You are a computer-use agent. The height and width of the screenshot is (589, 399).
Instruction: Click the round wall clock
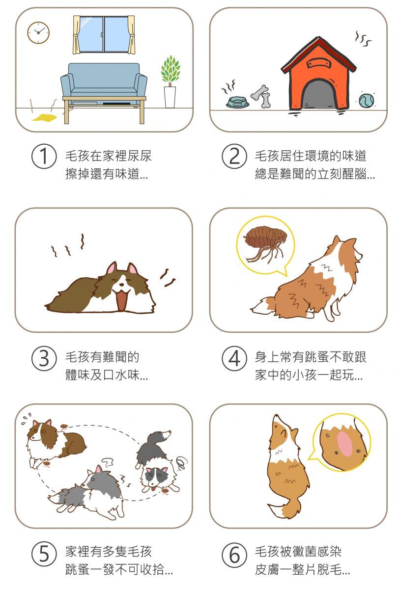point(38,32)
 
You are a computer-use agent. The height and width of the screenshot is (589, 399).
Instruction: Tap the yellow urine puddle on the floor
point(45,117)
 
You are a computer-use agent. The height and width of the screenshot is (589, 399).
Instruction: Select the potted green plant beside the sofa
point(171,81)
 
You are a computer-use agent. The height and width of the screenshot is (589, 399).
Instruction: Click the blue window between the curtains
point(104,34)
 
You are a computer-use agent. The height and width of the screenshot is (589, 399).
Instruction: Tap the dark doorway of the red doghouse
point(319,94)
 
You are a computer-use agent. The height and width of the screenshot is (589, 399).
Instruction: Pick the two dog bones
point(261,96)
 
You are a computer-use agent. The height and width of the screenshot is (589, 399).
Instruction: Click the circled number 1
point(44,156)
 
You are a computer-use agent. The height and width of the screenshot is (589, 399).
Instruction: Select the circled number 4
point(234,358)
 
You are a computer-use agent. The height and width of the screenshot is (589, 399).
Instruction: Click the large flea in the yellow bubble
point(264,244)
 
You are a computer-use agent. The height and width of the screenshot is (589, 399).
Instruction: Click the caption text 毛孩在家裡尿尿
point(109,156)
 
